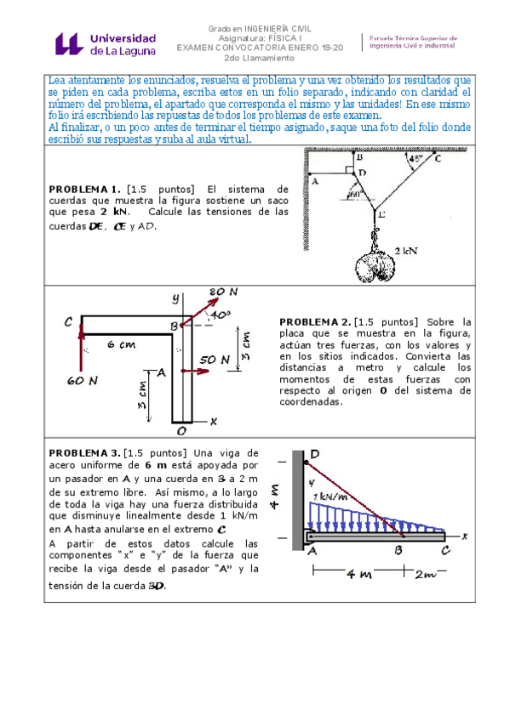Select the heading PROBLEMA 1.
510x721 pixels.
pyautogui.click(x=84, y=188)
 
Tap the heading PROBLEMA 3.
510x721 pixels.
pyautogui.click(x=84, y=454)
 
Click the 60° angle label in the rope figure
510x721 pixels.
pyautogui.click(x=355, y=193)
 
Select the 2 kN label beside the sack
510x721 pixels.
pyautogui.click(x=406, y=251)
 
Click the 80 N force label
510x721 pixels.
pyautogui.click(x=222, y=292)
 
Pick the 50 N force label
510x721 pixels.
pyautogui.click(x=215, y=360)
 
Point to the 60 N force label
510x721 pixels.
pyautogui.click(x=80, y=382)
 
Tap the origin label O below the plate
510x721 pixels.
pyautogui.click(x=181, y=432)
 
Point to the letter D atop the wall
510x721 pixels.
pyautogui.click(x=315, y=455)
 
